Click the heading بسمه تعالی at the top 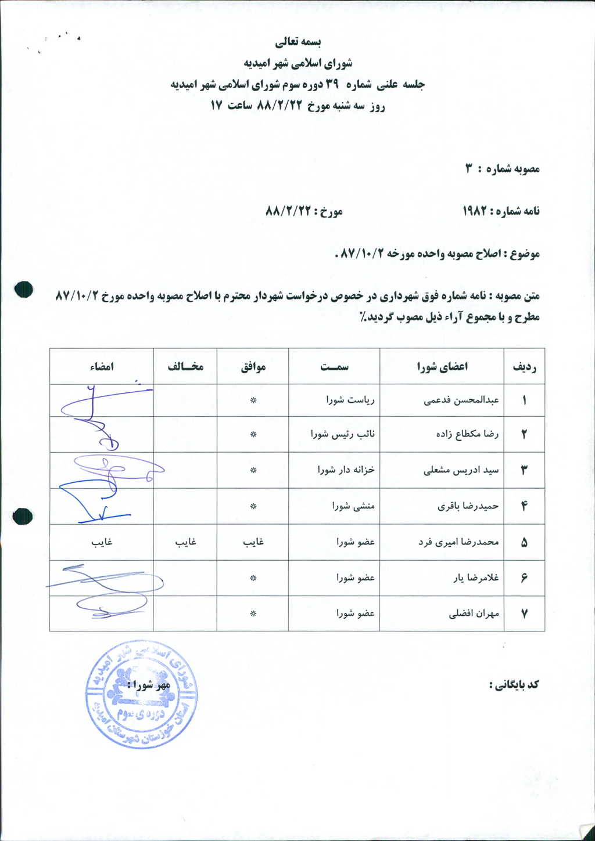[x=298, y=42]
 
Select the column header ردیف [x=524, y=367]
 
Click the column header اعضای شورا [x=442, y=367]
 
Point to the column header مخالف [x=185, y=366]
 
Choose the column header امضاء [x=102, y=367]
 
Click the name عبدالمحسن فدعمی [x=461, y=400]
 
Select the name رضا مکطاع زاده [x=467, y=434]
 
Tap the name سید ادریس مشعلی [x=461, y=470]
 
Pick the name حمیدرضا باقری [x=468, y=506]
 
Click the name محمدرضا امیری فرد [x=458, y=542]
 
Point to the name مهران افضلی [x=474, y=613]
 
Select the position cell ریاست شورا [x=350, y=400]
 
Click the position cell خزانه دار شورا [x=346, y=470]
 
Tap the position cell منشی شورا [x=353, y=506]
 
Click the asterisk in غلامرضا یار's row [x=253, y=578]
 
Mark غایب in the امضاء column [x=102, y=542]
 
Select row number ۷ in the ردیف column [x=524, y=613]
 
